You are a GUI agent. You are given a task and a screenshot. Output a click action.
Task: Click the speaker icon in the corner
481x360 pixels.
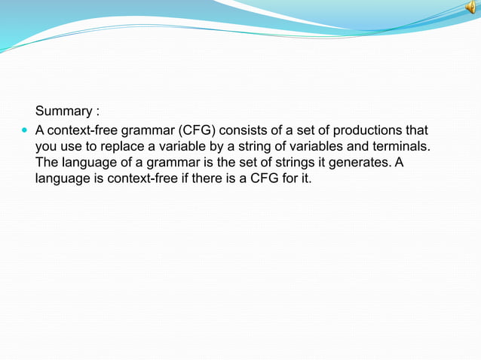[469, 8]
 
